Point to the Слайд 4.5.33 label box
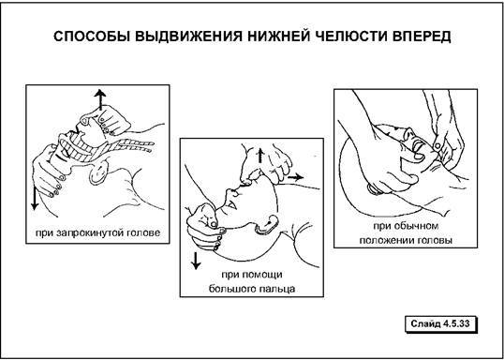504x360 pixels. pos(439,323)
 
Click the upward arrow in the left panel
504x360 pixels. pos(100,99)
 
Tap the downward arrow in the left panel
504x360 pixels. pos(35,198)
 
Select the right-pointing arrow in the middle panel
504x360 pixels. pos(295,176)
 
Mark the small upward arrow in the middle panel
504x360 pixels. pos(260,157)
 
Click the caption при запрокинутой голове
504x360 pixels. pos(97,232)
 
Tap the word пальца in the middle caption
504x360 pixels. pos(278,288)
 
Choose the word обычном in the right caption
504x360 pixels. pos(420,226)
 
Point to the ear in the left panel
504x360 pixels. pos(98,172)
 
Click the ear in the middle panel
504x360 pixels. pos(267,223)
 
